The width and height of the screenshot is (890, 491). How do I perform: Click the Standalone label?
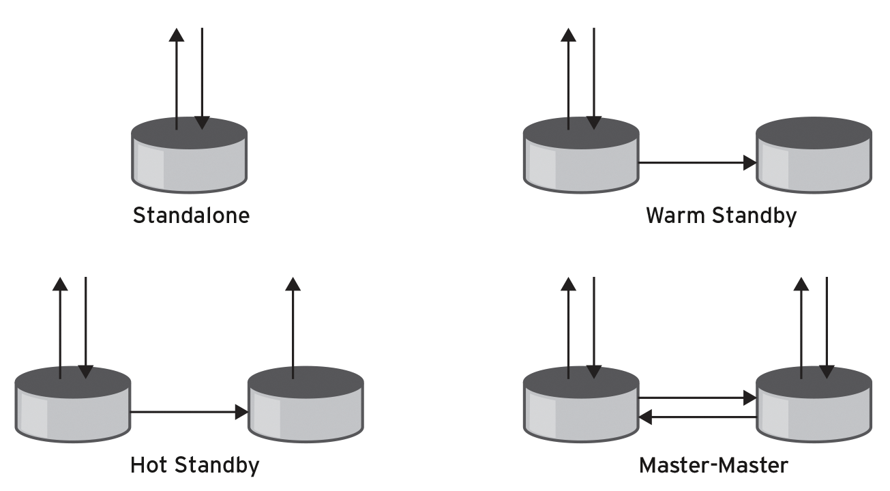click(191, 215)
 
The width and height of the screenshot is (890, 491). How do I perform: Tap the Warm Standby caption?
click(721, 215)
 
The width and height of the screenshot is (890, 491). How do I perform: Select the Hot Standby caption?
click(194, 466)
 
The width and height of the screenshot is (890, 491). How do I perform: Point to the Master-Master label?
click(713, 466)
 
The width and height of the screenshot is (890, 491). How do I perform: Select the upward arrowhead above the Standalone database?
click(177, 35)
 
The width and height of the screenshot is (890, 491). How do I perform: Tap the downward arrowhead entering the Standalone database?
click(202, 122)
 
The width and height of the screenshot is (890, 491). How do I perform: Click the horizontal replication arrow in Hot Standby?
click(188, 412)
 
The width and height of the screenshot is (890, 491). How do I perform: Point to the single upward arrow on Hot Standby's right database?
click(293, 327)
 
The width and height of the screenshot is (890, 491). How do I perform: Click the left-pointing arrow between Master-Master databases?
click(697, 417)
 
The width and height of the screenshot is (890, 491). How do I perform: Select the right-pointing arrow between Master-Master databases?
click(697, 397)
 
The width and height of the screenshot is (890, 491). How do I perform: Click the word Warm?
click(676, 215)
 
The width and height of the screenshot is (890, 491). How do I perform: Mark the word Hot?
click(148, 466)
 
